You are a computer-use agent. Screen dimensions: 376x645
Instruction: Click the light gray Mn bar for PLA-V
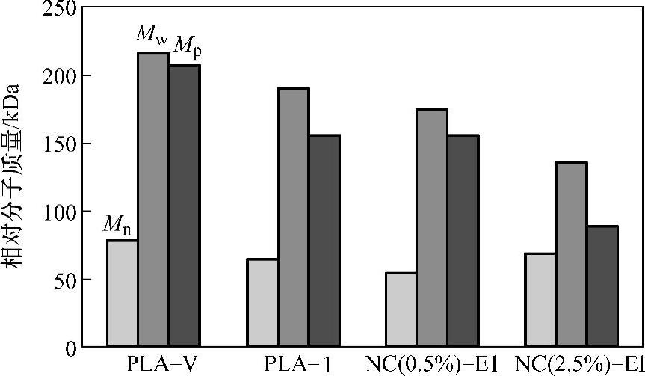pyautogui.click(x=122, y=293)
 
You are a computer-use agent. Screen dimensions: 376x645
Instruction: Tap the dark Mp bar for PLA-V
pyautogui.click(x=184, y=206)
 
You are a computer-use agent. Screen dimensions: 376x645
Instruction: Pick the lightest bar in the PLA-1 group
pyautogui.click(x=262, y=303)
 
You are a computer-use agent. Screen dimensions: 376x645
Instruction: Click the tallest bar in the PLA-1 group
pyautogui.click(x=293, y=218)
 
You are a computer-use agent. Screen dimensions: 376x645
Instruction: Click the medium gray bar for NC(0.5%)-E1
pyautogui.click(x=432, y=228)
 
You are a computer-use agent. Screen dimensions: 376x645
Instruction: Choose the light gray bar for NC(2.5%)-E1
pyautogui.click(x=540, y=301)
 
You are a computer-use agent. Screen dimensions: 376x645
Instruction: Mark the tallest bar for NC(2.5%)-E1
pyautogui.click(x=572, y=255)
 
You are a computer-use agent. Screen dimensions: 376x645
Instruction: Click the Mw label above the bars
pyautogui.click(x=152, y=35)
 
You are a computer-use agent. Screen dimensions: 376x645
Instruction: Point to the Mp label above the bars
pyautogui.click(x=187, y=48)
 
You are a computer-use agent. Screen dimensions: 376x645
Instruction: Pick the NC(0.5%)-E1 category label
pyautogui.click(x=433, y=364)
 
